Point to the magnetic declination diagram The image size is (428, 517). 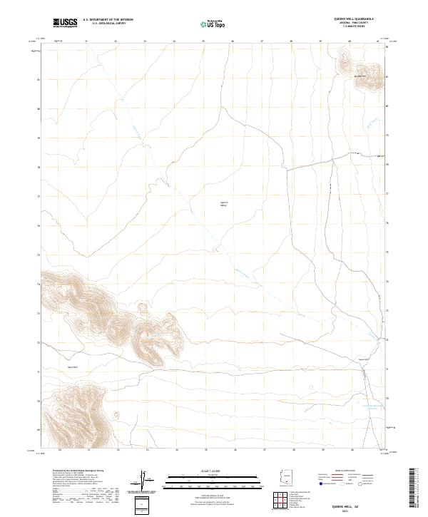pos(142,479)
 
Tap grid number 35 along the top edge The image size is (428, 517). pos(203,42)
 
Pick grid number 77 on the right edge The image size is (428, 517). pos(387,193)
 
